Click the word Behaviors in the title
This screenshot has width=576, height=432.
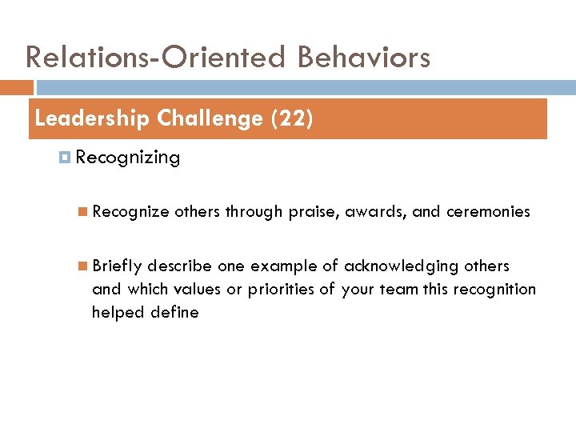(x=365, y=58)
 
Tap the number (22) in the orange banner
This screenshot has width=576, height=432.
(x=292, y=119)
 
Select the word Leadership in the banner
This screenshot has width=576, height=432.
(x=92, y=119)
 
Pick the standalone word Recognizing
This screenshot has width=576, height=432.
(x=127, y=158)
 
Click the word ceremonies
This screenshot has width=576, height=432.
(x=488, y=212)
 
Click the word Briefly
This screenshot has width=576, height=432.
(x=117, y=266)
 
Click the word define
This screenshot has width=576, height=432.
(x=177, y=312)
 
